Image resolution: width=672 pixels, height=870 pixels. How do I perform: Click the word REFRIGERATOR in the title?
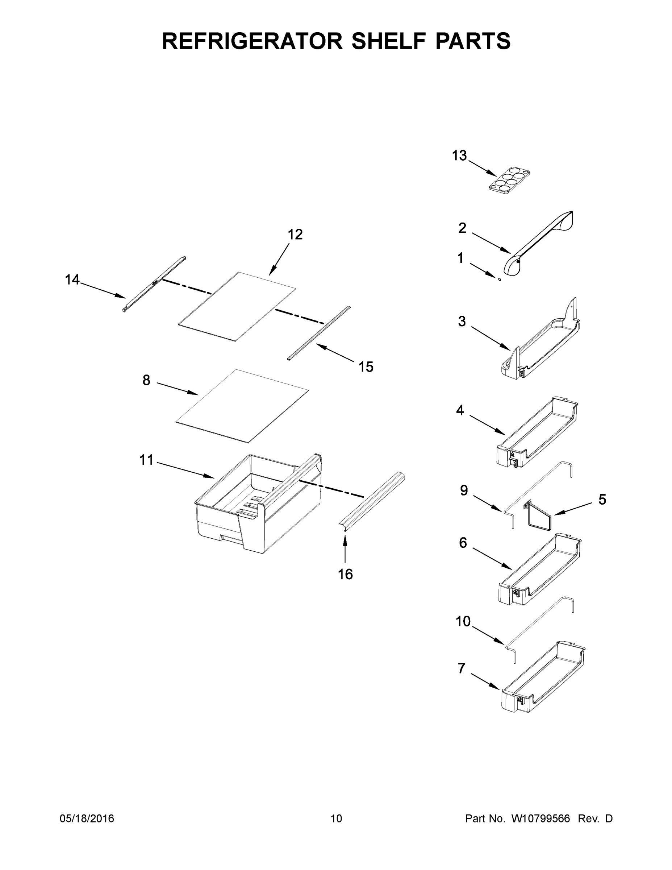(252, 41)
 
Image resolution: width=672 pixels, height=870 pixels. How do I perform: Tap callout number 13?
(459, 156)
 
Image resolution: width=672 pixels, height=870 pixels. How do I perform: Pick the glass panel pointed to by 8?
(242, 406)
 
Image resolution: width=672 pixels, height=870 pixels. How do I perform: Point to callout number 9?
(464, 491)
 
